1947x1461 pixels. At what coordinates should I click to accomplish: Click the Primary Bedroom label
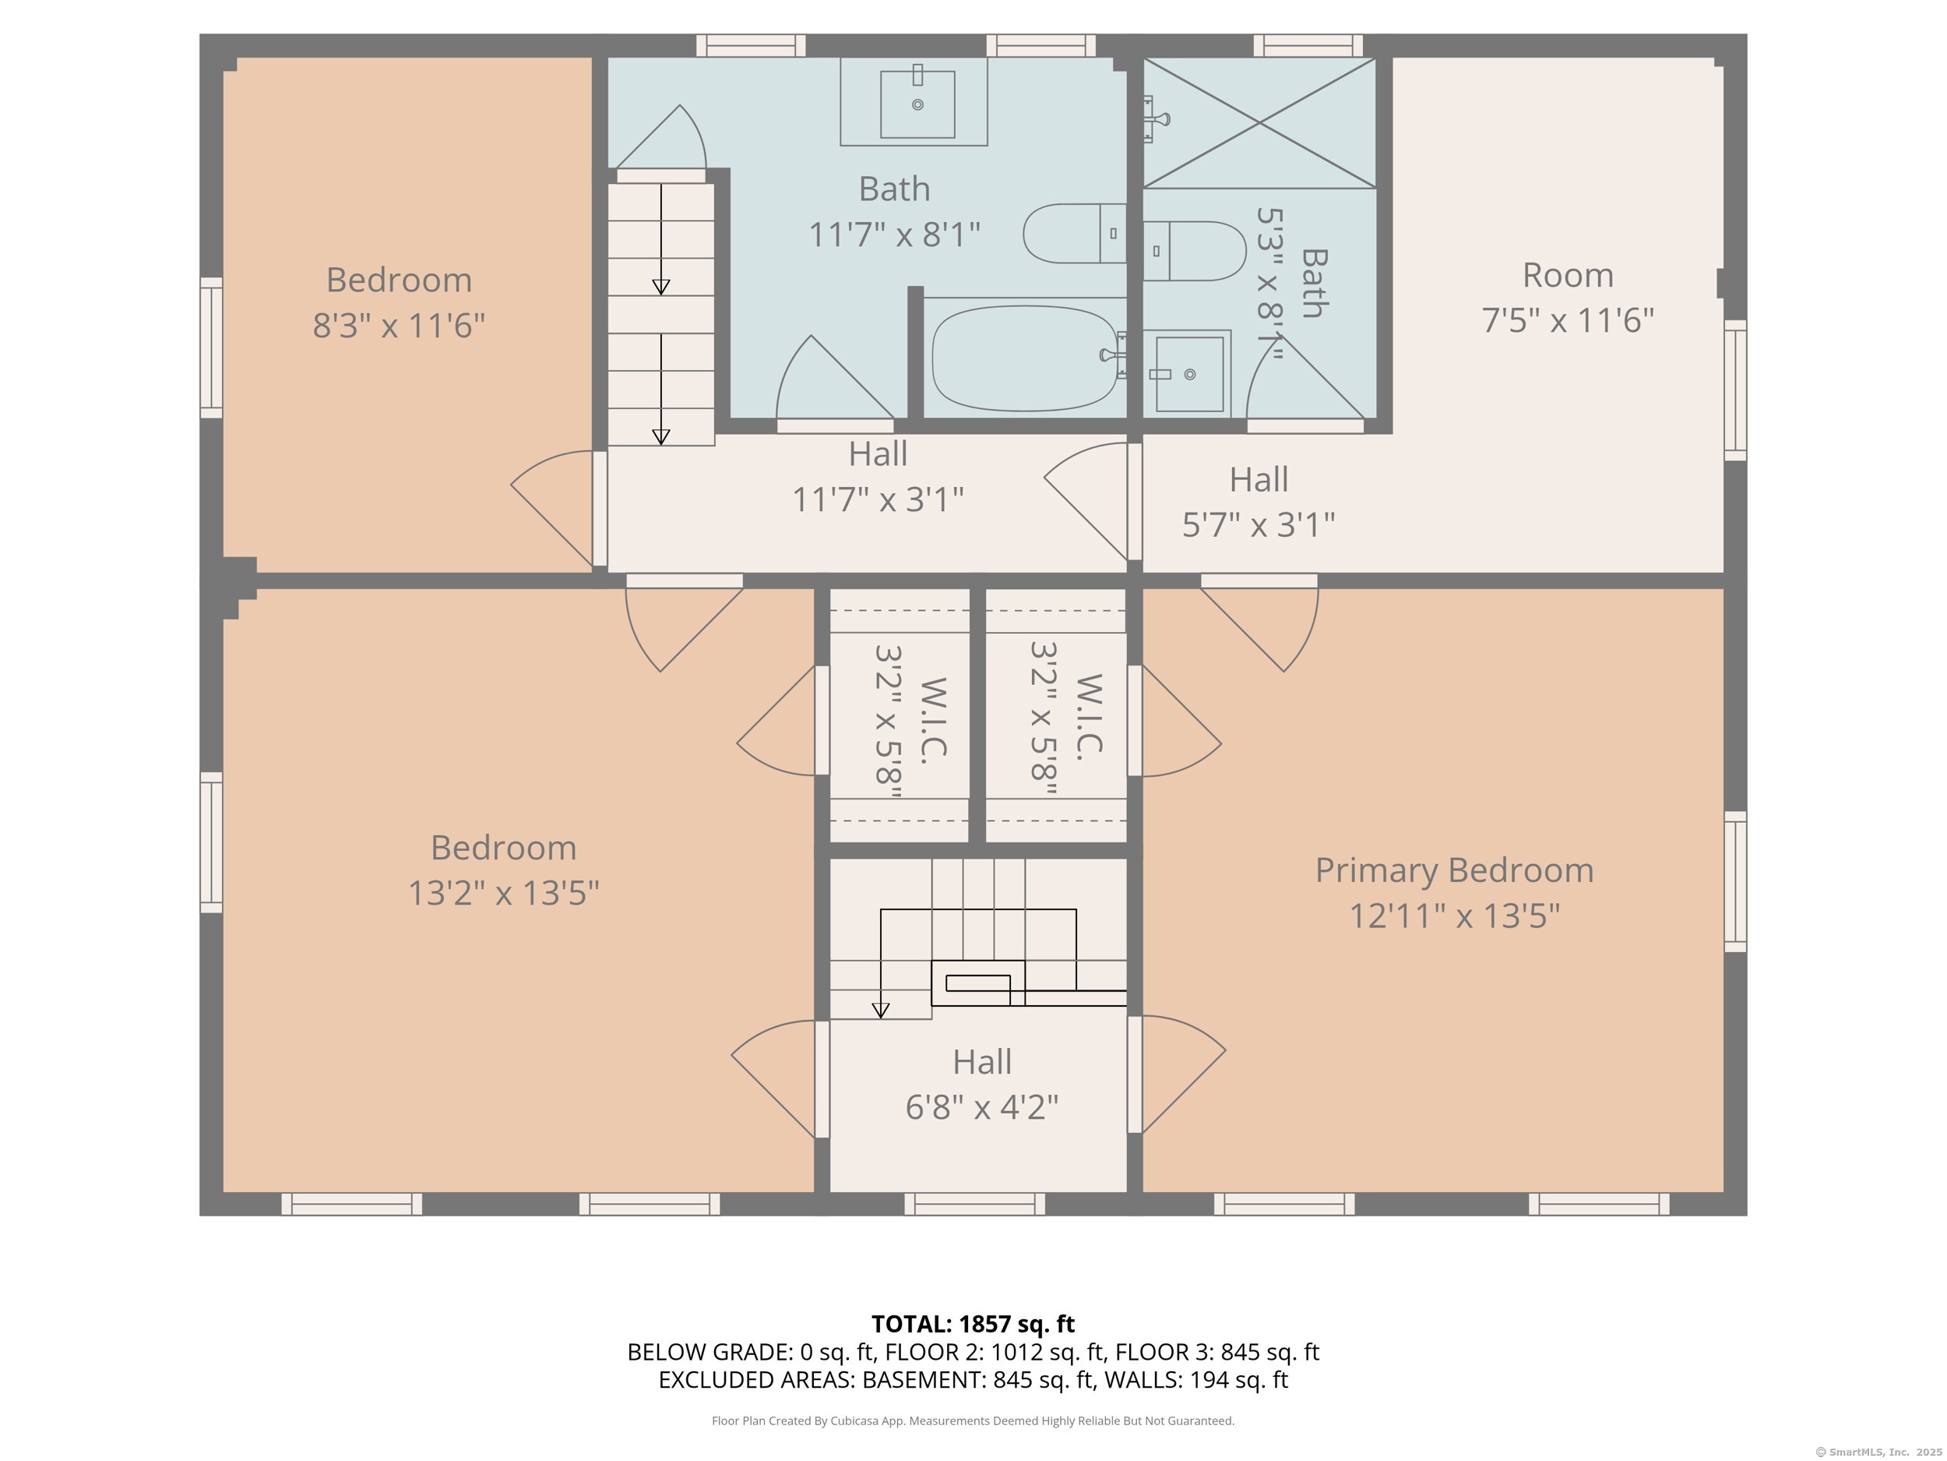pyautogui.click(x=1454, y=893)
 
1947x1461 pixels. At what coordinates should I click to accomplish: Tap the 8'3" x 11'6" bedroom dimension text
pyautogui.click(x=399, y=325)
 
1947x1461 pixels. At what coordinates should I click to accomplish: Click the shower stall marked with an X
pyautogui.click(x=1259, y=123)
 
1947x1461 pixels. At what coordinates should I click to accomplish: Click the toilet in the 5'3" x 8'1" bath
pyautogui.click(x=1195, y=251)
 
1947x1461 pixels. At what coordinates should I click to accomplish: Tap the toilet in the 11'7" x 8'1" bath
pyautogui.click(x=1075, y=234)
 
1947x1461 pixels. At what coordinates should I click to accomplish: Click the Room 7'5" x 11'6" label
pyautogui.click(x=1568, y=298)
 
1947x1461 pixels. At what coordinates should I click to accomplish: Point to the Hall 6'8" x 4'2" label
pyautogui.click(x=981, y=1084)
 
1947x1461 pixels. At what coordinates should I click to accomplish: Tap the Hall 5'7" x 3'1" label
pyautogui.click(x=1259, y=502)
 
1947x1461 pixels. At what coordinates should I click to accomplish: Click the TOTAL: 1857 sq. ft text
pyautogui.click(x=973, y=1324)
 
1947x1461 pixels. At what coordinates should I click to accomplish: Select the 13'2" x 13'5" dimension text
pyautogui.click(x=503, y=893)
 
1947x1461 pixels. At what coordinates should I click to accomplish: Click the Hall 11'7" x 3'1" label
pyautogui.click(x=878, y=476)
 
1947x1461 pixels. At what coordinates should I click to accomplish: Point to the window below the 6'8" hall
pyautogui.click(x=974, y=1204)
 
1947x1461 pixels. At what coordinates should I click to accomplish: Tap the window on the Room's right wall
pyautogui.click(x=1735, y=390)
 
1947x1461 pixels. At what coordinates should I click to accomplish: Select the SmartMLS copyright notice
pyautogui.click(x=1878, y=1452)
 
